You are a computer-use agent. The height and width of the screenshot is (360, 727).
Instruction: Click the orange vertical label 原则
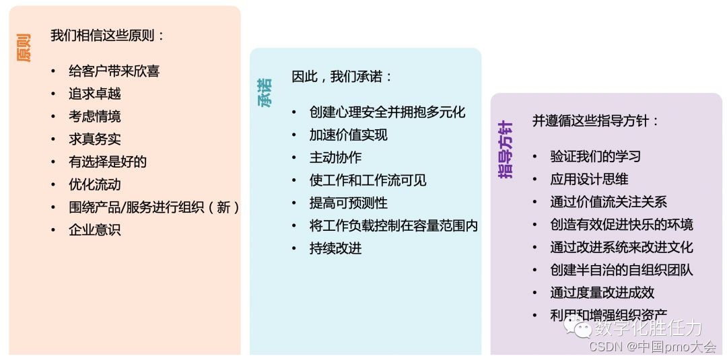[x=24, y=48]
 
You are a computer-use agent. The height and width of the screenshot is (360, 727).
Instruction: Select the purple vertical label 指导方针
[x=506, y=149]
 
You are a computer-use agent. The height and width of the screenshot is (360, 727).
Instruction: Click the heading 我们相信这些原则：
[x=108, y=36]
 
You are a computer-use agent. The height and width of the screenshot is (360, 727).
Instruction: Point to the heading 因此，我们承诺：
[x=342, y=77]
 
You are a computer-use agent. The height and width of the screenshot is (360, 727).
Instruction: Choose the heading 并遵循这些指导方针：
[x=596, y=121]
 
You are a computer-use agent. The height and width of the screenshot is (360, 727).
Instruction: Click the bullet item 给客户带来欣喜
[x=114, y=71]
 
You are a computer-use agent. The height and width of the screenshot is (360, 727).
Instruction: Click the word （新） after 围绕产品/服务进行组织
[x=224, y=207]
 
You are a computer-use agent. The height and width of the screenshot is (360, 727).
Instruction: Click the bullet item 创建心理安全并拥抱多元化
[x=387, y=112]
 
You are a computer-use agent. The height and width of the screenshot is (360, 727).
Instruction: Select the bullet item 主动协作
[x=335, y=157]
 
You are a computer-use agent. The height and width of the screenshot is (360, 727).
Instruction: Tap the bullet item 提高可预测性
[x=348, y=203]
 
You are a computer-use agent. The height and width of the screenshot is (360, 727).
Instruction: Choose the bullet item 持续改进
[x=335, y=248]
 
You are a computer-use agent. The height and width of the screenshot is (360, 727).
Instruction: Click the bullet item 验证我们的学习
[x=595, y=157]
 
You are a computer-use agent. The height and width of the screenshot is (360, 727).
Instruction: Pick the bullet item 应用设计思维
[x=589, y=180]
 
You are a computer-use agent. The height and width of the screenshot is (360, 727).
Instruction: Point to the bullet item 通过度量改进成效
[x=602, y=292]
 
